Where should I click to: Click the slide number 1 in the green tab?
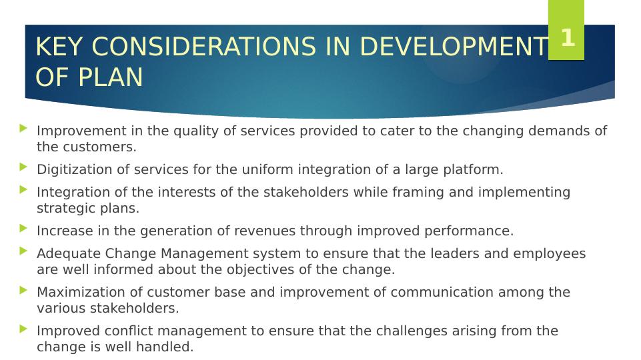point(568,37)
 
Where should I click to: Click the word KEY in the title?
point(59,46)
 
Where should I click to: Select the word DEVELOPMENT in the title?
point(454,46)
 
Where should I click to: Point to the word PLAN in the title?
point(110,77)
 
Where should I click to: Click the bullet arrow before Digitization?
point(23,167)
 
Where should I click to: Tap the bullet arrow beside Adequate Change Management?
point(23,251)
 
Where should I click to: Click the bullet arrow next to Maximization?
point(23,290)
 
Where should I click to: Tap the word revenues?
point(265,231)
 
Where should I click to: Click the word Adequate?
point(69,254)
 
